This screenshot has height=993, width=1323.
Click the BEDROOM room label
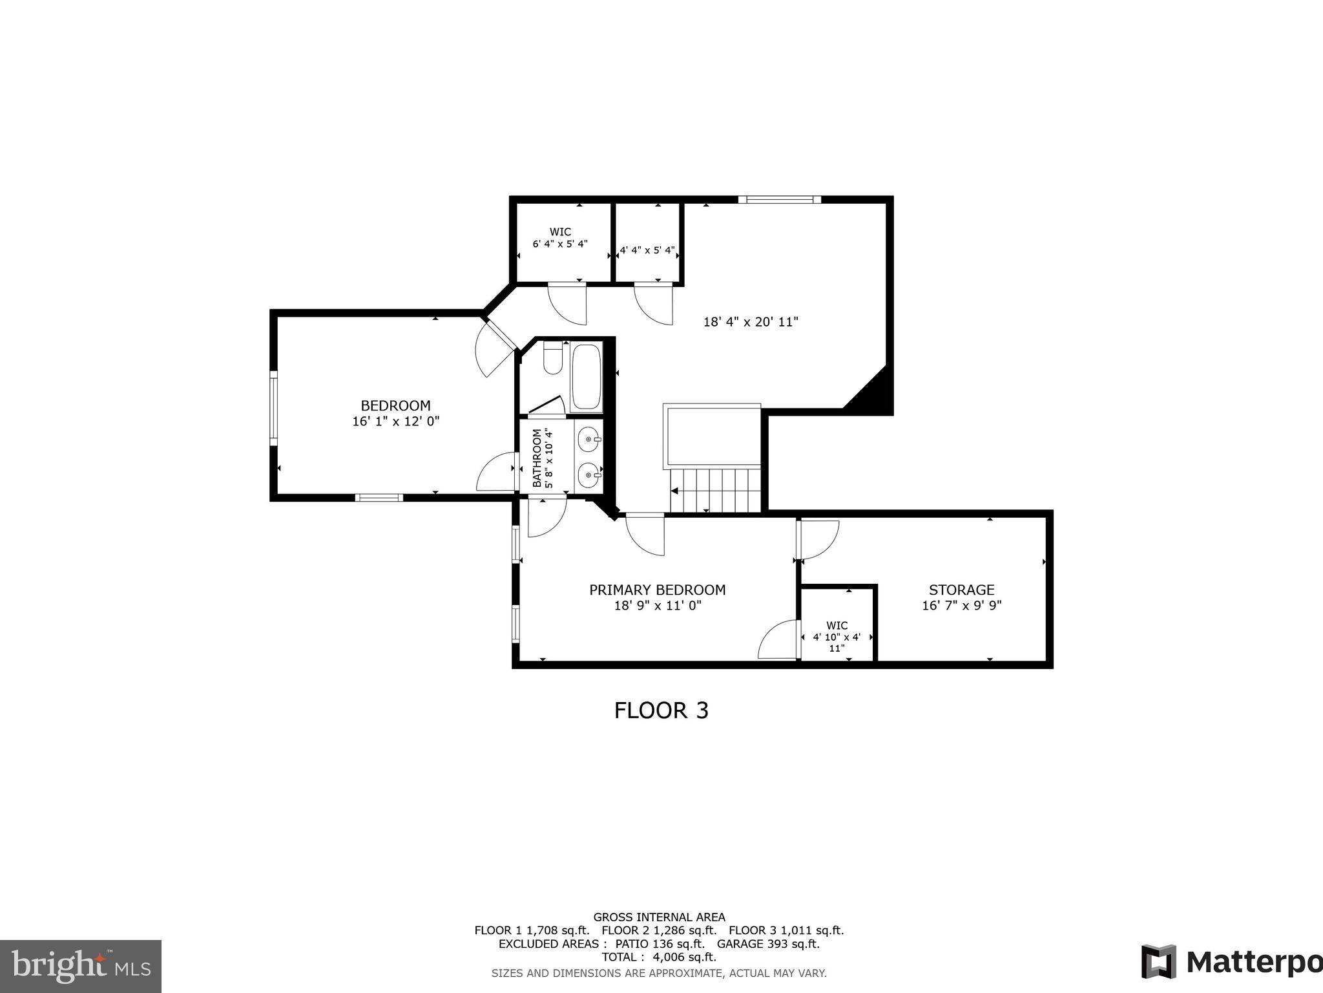(x=395, y=406)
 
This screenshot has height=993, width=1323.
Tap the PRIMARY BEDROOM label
(x=657, y=590)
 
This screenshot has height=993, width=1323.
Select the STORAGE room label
(x=961, y=590)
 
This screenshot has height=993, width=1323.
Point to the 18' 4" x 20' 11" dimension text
(x=751, y=321)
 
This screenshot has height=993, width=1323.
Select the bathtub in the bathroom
(x=587, y=378)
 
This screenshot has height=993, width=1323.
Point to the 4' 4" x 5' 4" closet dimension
(x=648, y=250)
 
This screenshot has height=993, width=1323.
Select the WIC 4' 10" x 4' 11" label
(x=837, y=636)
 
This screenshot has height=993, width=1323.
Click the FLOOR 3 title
(x=661, y=710)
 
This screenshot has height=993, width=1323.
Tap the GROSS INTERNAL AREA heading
(x=659, y=917)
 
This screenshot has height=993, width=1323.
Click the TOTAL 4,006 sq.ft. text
(x=659, y=957)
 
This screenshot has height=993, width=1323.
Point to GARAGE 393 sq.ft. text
(x=768, y=943)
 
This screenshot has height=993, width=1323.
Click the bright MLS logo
(x=80, y=966)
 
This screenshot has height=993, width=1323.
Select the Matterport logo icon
(x=1158, y=962)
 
